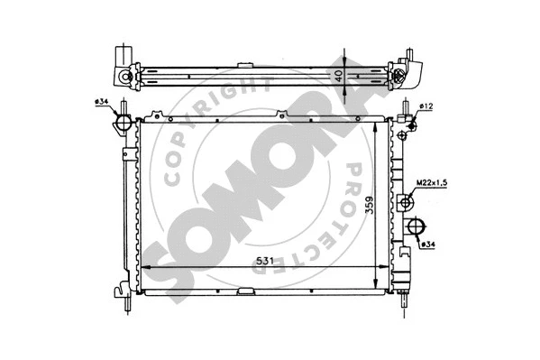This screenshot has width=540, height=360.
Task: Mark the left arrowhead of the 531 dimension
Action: point(144,269)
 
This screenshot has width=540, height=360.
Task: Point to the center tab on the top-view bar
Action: point(245,64)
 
